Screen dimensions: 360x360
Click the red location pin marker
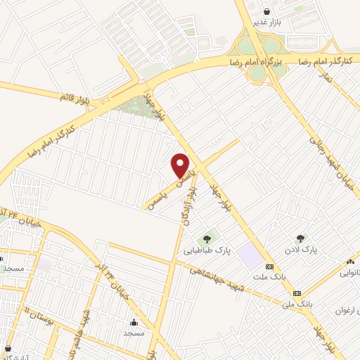181,165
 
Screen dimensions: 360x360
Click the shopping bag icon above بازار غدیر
267,11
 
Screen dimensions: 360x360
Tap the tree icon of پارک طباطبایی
207,238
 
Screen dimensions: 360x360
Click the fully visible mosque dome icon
134,322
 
